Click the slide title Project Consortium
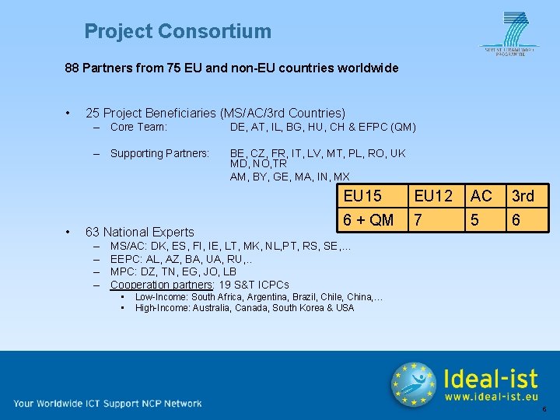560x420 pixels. click(x=178, y=32)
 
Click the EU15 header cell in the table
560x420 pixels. click(x=362, y=196)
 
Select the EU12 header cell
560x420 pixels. click(x=434, y=196)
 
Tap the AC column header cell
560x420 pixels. click(x=481, y=196)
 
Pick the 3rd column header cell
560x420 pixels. click(x=522, y=196)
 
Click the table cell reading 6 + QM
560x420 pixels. click(x=369, y=220)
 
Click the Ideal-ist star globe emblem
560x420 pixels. click(x=413, y=384)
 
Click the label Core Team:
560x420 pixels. click(x=139, y=127)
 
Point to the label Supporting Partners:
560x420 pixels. click(x=159, y=153)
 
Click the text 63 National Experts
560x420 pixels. click(x=139, y=232)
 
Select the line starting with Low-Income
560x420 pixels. click(x=259, y=297)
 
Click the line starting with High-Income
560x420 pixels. click(x=244, y=308)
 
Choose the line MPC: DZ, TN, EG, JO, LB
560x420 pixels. click(x=173, y=271)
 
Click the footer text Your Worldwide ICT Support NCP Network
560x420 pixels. click(x=107, y=403)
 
